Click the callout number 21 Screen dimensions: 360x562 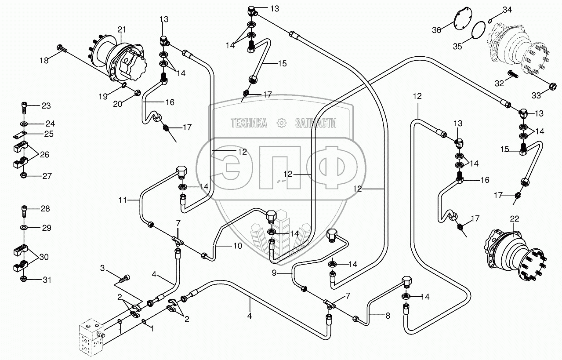[x=122, y=29]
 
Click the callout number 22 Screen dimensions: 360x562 [x=515, y=218]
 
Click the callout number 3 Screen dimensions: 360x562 [x=102, y=268]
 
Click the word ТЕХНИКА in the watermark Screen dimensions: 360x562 [x=249, y=123]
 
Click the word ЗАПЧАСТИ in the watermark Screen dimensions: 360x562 [x=315, y=123]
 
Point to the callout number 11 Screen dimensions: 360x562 [x=123, y=200]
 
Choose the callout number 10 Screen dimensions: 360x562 [x=237, y=246]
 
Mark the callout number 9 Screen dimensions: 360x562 [x=274, y=273]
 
